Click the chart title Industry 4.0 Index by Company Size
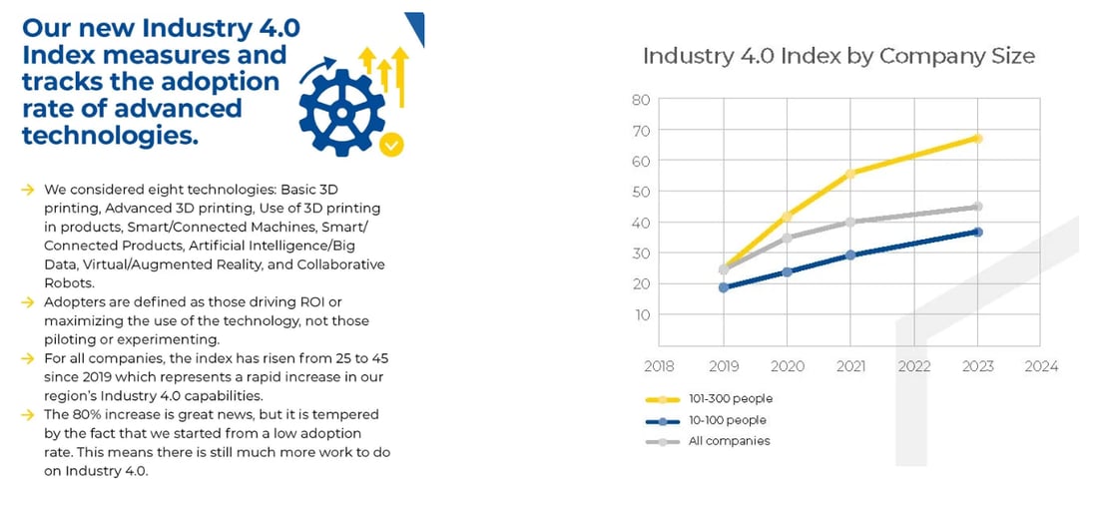point(838,56)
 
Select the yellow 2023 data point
point(978,138)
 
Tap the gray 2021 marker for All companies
point(851,222)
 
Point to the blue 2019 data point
point(724,287)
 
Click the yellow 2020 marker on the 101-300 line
point(788,217)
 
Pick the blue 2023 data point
point(978,232)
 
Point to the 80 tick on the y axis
point(641,100)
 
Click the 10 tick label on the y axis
point(641,314)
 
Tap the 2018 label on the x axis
point(660,366)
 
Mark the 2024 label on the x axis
point(1041,366)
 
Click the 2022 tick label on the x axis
point(914,366)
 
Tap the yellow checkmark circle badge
point(392,145)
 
